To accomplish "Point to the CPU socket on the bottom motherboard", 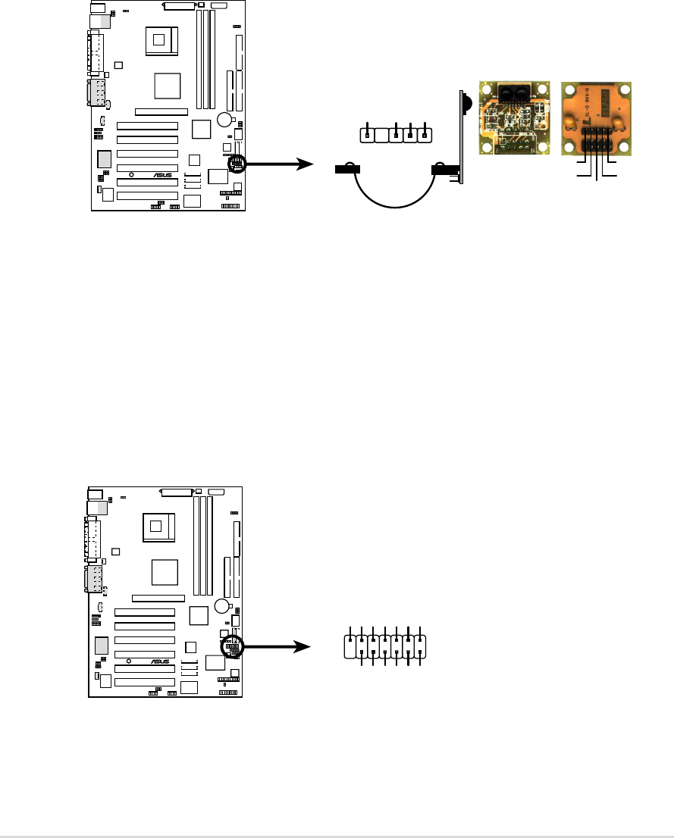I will [160, 525].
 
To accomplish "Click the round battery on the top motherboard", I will [224, 120].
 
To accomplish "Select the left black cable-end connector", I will [346, 170].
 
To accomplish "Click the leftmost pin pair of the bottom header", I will [350, 647].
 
